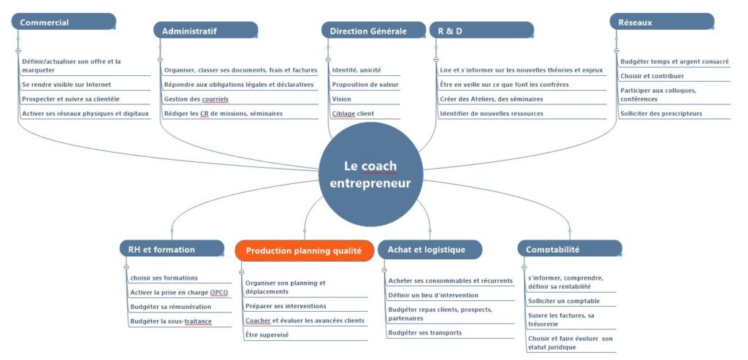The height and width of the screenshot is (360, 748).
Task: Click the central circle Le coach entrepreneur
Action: pyautogui.click(x=370, y=174)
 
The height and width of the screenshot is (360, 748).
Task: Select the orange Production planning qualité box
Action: pyautogui.click(x=305, y=250)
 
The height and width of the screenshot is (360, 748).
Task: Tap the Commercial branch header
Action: pyautogui.click(x=64, y=22)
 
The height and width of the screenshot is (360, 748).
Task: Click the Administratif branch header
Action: pyautogui.click(x=205, y=31)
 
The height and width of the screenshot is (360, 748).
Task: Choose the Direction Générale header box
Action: pyautogui.click(x=373, y=31)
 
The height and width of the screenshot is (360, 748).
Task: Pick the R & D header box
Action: pyautogui.click(x=481, y=31)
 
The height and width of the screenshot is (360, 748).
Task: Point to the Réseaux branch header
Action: pyautogui.click(x=662, y=22)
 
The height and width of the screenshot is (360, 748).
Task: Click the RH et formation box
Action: pyautogui.click(x=172, y=249)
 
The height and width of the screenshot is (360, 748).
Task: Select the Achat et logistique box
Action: pyautogui.click(x=430, y=250)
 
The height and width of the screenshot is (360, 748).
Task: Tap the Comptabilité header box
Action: pyautogui.click(x=570, y=249)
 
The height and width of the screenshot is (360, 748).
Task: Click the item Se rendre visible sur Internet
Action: pyautogui.click(x=66, y=85)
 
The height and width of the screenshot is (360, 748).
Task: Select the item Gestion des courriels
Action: pyautogui.click(x=196, y=99)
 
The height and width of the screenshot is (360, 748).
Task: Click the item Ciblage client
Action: pyautogui.click(x=353, y=113)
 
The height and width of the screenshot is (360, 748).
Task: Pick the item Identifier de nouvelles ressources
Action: pyautogui.click(x=492, y=113)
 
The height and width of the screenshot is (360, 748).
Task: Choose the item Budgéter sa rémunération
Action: pyautogui.click(x=170, y=307)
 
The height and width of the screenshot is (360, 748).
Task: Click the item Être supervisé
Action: pyautogui.click(x=267, y=334)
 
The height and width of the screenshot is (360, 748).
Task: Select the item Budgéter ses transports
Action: pyautogui.click(x=424, y=332)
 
